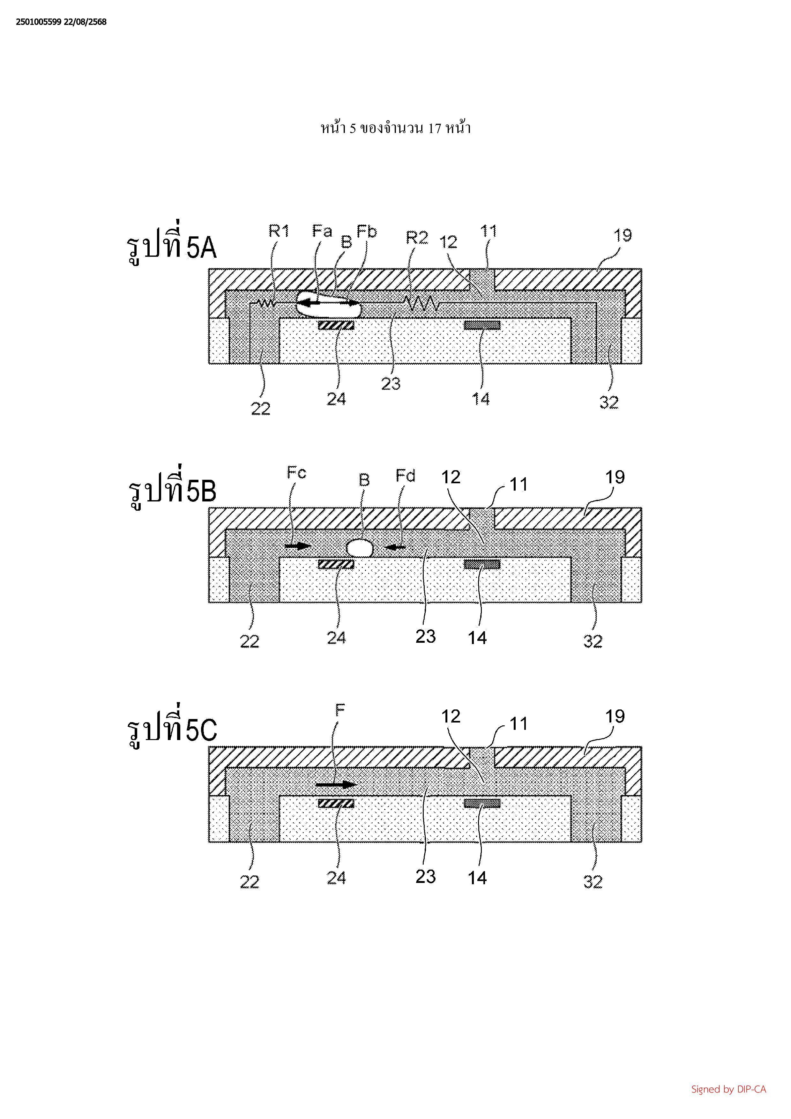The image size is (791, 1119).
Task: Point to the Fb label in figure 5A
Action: pyautogui.click(x=367, y=232)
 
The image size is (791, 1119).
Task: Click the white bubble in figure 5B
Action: pyautogui.click(x=360, y=548)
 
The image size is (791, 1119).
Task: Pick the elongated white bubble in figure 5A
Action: pyautogui.click(x=328, y=303)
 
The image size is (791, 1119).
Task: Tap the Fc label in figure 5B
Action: pyautogui.click(x=296, y=472)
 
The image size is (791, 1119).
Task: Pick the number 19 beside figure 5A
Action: pyautogui.click(x=623, y=235)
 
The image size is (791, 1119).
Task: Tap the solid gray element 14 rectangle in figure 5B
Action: pyautogui.click(x=481, y=564)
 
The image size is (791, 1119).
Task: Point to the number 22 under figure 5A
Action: pyautogui.click(x=260, y=408)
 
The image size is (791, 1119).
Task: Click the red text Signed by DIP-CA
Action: pyautogui.click(x=728, y=1089)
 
